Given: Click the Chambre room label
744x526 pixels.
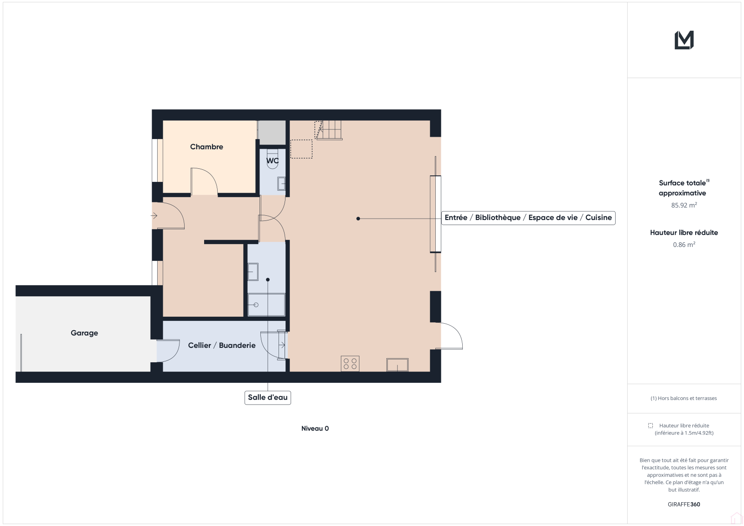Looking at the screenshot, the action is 206,147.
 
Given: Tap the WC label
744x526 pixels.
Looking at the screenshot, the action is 272,161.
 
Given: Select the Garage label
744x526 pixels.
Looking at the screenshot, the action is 84,333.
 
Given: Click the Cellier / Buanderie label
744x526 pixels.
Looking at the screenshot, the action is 221,345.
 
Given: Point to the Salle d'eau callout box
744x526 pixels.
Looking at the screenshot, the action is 268,398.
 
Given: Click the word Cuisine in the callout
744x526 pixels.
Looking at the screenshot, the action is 598,218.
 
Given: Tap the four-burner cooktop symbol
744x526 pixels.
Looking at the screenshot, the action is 350,364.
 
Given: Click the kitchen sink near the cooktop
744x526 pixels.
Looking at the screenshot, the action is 398,365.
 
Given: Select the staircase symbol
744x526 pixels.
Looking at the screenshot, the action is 328,130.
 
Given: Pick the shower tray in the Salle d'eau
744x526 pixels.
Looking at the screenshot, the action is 266,305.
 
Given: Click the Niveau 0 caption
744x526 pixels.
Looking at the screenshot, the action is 315,429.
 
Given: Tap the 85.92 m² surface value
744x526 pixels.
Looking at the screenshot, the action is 684,205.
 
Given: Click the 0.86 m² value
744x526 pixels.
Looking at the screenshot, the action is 684,245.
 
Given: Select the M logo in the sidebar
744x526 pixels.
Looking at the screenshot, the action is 684,40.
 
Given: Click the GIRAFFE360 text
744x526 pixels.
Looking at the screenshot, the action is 684,505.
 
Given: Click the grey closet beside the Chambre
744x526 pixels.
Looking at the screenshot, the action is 272,133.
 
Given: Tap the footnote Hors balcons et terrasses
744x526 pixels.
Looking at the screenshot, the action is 684,398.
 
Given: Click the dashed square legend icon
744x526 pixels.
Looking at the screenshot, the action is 651,426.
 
